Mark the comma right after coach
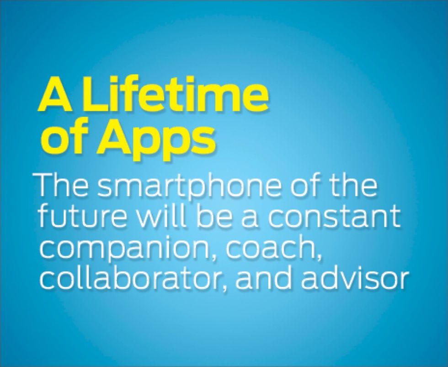tap(319, 258)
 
